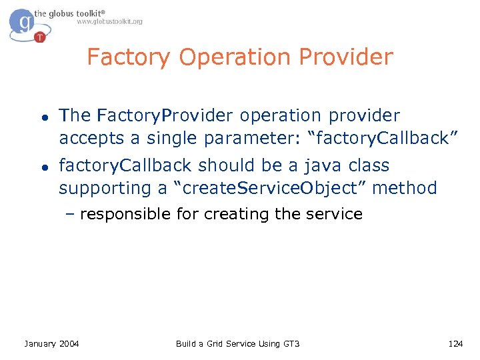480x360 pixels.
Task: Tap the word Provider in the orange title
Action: [x=346, y=57]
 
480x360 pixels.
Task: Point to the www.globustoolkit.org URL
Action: [x=109, y=21]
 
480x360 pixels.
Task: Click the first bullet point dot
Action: [x=41, y=117]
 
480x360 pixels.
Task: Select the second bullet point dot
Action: [x=41, y=167]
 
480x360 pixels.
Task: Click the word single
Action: [x=172, y=139]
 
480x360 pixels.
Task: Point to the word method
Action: [x=405, y=188]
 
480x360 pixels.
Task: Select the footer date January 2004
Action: [x=51, y=343]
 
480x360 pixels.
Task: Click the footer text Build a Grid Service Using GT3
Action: [x=237, y=343]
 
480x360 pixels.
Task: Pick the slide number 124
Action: [x=455, y=343]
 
